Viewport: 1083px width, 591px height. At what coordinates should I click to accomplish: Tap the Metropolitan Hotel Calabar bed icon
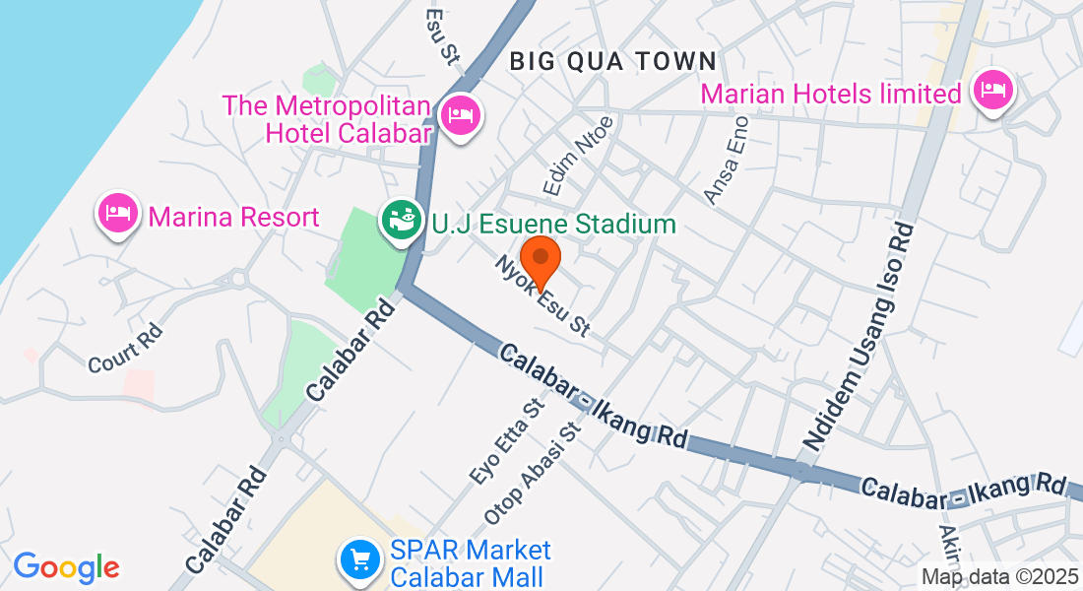pos(460,116)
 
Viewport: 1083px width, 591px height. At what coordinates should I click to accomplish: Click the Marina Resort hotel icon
pos(118,213)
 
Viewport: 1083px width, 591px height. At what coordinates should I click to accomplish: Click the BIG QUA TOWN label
pos(612,61)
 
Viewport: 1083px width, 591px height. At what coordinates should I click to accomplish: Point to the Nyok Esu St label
pos(542,295)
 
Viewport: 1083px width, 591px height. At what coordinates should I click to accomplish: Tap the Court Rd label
pos(124,349)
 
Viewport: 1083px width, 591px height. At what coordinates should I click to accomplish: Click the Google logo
pos(66,567)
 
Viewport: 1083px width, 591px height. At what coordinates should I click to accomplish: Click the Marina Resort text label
pos(234,217)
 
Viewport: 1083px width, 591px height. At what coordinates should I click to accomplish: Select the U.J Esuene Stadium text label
pos(554,224)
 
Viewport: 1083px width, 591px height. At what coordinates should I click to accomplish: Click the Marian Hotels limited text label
pos(830,95)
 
